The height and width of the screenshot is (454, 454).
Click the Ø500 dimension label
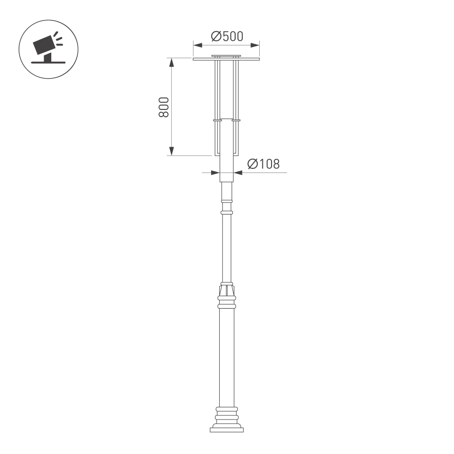click(x=227, y=36)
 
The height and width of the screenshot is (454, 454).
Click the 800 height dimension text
click(x=164, y=107)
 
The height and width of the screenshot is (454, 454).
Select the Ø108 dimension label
click(x=263, y=164)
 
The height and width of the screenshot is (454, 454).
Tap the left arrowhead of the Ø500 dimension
click(x=197, y=44)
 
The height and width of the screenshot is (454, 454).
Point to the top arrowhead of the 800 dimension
click(x=172, y=62)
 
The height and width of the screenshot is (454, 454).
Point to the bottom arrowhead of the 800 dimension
click(x=172, y=152)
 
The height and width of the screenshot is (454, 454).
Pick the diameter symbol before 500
click(x=216, y=36)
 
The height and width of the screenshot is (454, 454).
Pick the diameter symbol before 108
click(x=253, y=164)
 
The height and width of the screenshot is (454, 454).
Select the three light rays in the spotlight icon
click(x=57, y=39)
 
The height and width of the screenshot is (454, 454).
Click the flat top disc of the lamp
click(x=226, y=59)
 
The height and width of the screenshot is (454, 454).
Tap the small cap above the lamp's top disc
click(x=226, y=56)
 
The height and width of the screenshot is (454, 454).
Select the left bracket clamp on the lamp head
click(x=217, y=120)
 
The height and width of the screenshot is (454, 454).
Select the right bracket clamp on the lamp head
click(x=236, y=120)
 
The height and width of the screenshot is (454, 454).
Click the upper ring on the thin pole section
click(x=226, y=201)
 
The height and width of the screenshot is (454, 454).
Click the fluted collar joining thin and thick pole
click(x=227, y=289)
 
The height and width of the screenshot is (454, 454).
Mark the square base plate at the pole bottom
click(x=227, y=429)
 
